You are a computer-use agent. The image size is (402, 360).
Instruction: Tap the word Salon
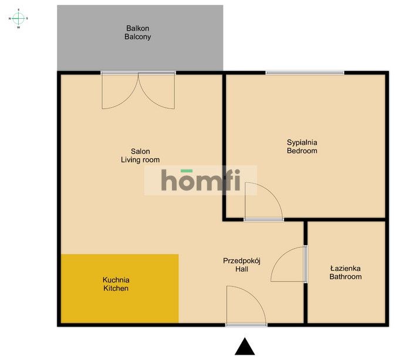(x=140, y=151)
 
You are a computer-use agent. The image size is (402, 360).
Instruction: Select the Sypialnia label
(x=302, y=142)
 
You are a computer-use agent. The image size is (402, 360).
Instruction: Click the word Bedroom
(x=302, y=151)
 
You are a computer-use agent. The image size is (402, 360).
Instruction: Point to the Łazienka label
(x=345, y=268)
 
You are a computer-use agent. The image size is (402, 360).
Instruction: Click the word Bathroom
(x=345, y=277)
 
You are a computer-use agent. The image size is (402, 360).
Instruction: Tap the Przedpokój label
(x=241, y=260)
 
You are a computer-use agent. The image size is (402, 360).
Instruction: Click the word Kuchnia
(x=116, y=280)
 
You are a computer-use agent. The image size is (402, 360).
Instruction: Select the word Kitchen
(x=116, y=288)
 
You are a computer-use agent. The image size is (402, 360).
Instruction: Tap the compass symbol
(x=18, y=18)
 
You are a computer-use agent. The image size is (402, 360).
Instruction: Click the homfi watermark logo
(x=201, y=181)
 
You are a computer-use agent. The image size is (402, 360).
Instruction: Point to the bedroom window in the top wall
(x=305, y=73)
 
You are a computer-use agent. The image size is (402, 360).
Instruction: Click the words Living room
(x=140, y=159)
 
